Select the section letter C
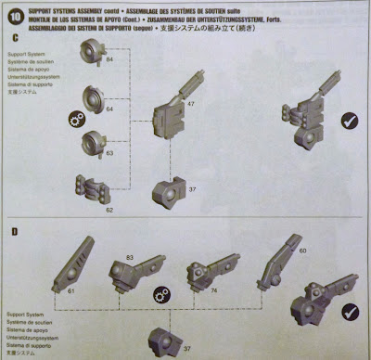[x=18, y=41]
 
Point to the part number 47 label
[x=191, y=106]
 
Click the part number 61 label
[x=70, y=289]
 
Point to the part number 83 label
[x=130, y=255]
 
